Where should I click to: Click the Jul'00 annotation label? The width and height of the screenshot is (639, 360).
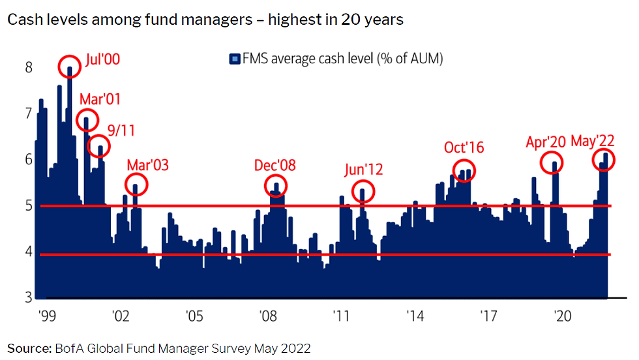pos(103,61)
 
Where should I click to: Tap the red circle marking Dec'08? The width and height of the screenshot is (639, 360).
pos(276,185)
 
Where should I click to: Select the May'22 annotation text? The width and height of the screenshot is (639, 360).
pos(593,142)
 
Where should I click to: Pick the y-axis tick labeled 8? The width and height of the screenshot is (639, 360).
pos(27,67)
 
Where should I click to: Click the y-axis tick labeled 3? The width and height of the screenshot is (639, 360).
pos(27,298)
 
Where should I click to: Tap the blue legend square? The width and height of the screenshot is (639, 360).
pos(234,59)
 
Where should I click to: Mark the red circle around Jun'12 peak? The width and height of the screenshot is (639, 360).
pos(363,191)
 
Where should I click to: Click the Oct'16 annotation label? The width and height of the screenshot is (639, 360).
pos(464,147)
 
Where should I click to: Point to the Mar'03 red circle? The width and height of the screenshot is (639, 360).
pos(136,185)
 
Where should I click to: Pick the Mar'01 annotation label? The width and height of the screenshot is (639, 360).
pos(100,100)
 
